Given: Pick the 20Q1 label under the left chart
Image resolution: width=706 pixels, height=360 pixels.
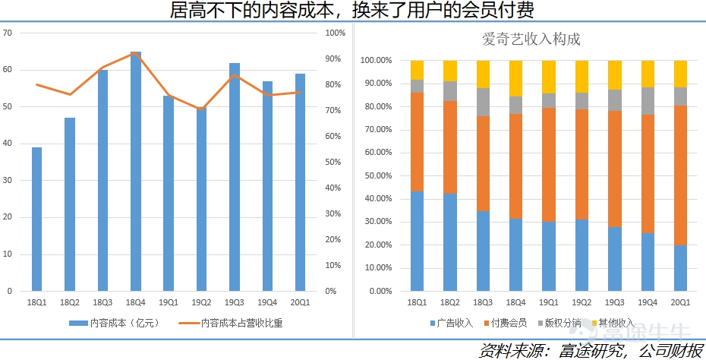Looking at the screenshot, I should coord(300,303).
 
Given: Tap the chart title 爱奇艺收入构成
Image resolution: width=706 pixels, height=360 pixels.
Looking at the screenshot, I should coord(531,39).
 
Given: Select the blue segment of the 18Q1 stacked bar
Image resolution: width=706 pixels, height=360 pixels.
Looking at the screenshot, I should coord(417,241).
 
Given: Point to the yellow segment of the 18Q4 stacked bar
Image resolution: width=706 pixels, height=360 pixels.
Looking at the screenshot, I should coord(515,78).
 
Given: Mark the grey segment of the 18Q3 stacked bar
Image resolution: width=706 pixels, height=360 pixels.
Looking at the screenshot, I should coord(483,103).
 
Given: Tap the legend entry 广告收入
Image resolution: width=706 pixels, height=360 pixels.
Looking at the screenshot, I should coord(452,323).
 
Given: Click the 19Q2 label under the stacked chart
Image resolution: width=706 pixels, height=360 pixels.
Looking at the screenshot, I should coord(582,303).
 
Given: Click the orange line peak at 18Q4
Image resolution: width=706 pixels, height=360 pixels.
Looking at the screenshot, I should coord(135,53).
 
